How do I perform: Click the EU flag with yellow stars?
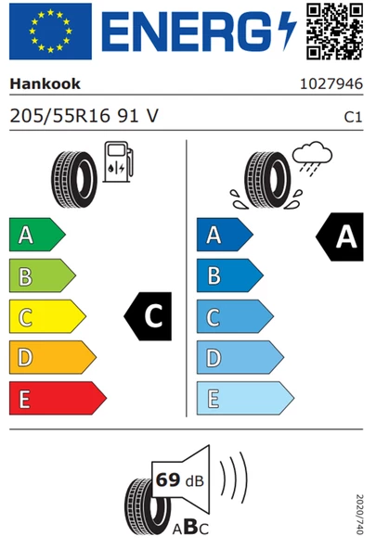point(50,32)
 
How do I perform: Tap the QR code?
point(334,32)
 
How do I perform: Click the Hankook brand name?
point(45,84)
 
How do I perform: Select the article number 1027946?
point(331,84)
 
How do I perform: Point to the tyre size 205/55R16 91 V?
point(84,116)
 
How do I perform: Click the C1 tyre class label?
point(353,117)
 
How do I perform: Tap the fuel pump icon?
point(118,161)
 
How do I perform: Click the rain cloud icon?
point(312,157)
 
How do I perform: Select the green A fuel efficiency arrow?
point(37,235)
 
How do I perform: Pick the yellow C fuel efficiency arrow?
point(47,316)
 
